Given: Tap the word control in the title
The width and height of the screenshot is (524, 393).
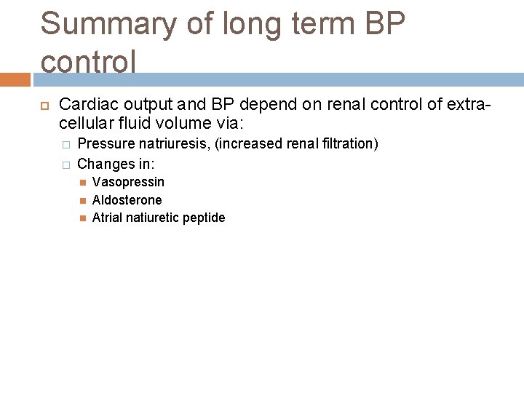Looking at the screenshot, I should (x=88, y=62).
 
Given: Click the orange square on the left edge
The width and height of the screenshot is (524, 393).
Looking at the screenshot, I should (x=15, y=79).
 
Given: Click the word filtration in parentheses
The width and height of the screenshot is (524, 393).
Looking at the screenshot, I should (x=349, y=144).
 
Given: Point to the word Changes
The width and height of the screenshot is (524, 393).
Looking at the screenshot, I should (x=102, y=163).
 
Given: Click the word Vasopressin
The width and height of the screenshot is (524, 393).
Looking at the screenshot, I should (x=128, y=182).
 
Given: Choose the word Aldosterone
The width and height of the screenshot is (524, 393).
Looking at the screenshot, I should (x=127, y=199).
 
